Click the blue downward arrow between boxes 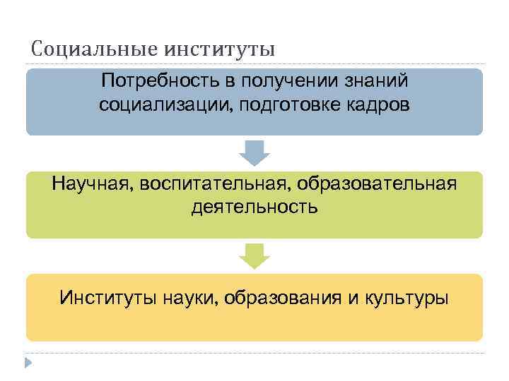click(255, 152)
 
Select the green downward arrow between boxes click(255, 255)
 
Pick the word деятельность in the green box click(255, 207)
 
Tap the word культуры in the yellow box click(406, 298)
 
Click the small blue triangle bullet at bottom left click(29, 363)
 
